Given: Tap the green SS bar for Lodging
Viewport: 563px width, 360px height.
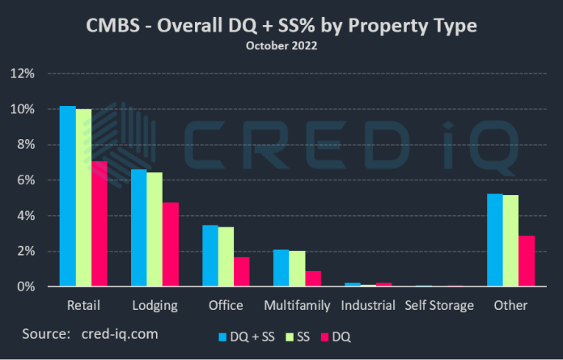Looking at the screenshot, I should click(155, 230).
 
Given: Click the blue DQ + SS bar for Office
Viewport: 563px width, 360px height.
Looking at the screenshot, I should click(210, 256).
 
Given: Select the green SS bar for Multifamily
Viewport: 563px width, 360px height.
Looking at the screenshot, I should click(297, 269).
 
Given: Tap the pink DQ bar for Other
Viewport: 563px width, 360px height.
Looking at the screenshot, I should click(527, 261).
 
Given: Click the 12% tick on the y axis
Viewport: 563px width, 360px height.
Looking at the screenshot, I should click(22, 74).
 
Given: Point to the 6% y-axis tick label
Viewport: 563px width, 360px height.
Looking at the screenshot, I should click(25, 180).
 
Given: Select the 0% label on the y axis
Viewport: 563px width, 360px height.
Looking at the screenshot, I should click(25, 287).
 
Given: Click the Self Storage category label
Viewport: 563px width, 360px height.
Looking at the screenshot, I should click(440, 306).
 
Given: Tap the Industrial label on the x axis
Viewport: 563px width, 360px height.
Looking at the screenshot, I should click(368, 306).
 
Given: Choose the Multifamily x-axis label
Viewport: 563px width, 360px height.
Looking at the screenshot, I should click(298, 306).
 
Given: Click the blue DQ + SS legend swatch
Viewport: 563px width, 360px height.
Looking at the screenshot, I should click(223, 334).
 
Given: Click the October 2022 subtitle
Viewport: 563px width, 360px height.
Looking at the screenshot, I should click(281, 46).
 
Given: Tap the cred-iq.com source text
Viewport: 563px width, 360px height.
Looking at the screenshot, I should click(120, 332).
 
